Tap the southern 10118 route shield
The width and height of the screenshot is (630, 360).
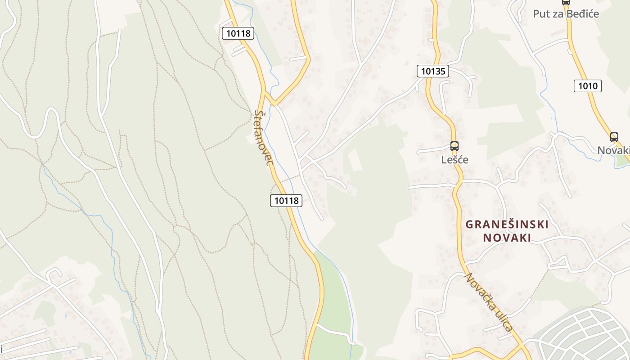click(286, 201)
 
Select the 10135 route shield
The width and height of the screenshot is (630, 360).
click(433, 71)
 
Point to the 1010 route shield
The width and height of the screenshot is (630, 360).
click(588, 86)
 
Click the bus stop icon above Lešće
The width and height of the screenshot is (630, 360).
click(454, 146)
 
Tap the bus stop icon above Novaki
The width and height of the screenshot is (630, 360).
click(614, 137)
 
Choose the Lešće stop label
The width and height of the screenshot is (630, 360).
click(454, 160)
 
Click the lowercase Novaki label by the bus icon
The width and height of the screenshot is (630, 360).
click(613, 151)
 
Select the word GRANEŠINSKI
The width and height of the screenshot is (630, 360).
click(507, 225)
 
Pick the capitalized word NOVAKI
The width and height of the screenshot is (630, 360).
click(507, 238)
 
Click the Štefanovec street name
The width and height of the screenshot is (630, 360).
click(264, 137)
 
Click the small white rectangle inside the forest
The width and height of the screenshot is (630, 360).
click(355, 160)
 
